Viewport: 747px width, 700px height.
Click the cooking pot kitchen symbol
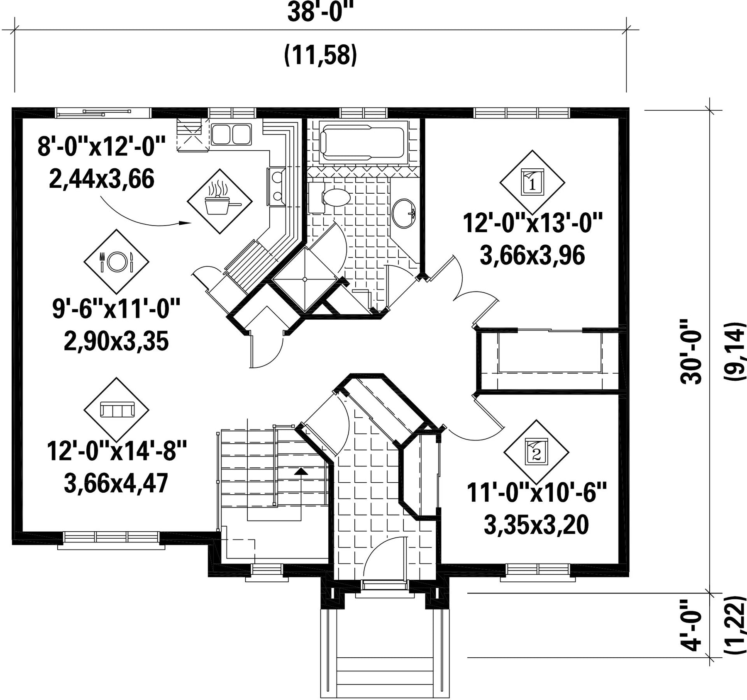coord(220,202)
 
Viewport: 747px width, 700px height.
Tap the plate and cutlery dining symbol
coord(116,261)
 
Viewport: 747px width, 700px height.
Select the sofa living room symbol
coord(117,410)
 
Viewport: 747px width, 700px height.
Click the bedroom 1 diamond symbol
coord(532,182)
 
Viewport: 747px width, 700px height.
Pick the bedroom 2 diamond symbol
coord(536,452)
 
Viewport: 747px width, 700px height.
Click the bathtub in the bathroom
coord(363,143)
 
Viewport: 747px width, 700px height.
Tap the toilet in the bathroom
coord(329,197)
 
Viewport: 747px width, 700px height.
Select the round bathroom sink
coord(404,213)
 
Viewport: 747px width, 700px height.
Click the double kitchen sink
coord(231,134)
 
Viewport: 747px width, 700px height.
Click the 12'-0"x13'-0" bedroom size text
coord(532,224)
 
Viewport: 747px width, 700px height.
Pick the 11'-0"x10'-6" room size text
coord(537,493)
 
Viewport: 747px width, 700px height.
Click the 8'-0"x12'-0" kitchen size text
coord(102,147)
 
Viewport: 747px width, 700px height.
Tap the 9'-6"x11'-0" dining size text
coord(116,309)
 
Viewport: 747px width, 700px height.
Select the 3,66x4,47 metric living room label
coord(116,484)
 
